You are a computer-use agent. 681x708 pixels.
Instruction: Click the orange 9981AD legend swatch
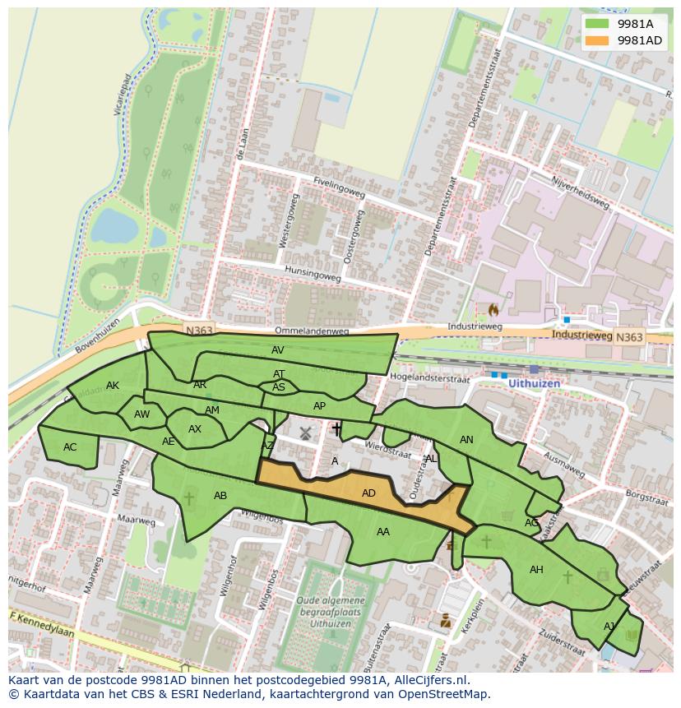pos(598,40)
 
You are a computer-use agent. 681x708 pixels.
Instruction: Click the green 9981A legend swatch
pos(598,25)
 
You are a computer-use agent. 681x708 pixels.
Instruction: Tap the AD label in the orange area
pos(368,493)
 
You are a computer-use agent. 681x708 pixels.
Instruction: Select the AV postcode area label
pos(277,350)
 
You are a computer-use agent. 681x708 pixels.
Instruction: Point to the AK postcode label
pos(113,386)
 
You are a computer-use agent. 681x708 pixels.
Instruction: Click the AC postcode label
pos(70,447)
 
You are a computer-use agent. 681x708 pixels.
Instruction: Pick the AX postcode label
pos(195,429)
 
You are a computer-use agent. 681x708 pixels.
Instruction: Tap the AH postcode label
pos(536,570)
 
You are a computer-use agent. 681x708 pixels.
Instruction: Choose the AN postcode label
pos(466,440)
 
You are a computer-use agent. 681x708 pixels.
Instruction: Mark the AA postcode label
pos(383,532)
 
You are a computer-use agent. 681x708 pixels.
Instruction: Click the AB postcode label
pos(220,496)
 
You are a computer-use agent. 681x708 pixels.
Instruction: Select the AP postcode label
pos(320,406)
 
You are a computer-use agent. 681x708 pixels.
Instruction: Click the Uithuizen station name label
pos(535,384)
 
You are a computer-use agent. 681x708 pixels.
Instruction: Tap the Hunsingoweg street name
pos(313,273)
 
